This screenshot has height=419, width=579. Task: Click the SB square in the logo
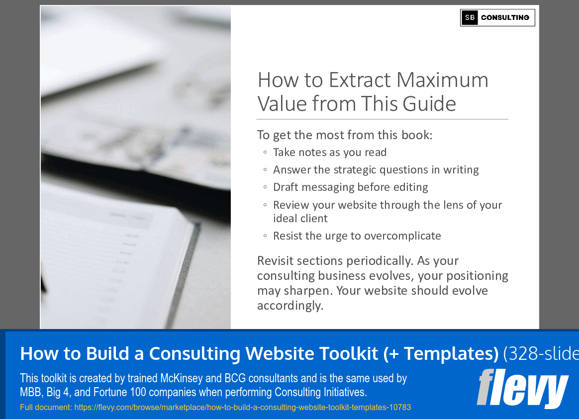pyautogui.click(x=470, y=18)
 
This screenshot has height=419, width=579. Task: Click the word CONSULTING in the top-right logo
pyautogui.click(x=505, y=18)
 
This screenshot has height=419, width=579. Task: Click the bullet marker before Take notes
pyautogui.click(x=265, y=153)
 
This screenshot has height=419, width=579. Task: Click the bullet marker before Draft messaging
pyautogui.click(x=265, y=187)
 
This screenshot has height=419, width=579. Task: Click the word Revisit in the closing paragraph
pyautogui.click(x=278, y=261)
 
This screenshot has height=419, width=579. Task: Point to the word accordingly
pyautogui.click(x=290, y=305)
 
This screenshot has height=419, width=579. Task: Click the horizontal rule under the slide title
pyautogui.click(x=382, y=119)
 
